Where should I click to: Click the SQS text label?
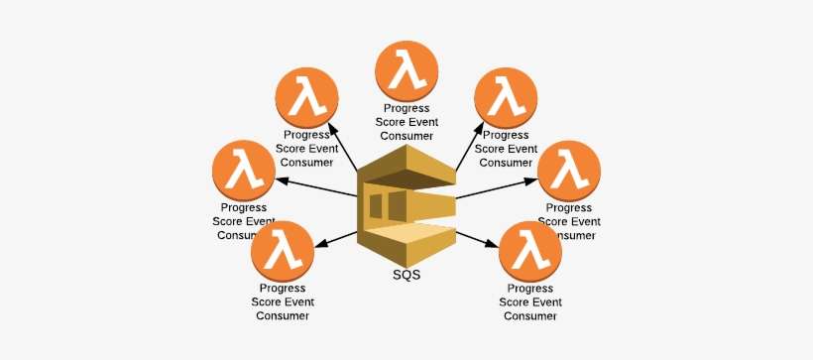tap(406, 274)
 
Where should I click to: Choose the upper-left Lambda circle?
tap(306, 98)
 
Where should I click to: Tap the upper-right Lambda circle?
tap(506, 98)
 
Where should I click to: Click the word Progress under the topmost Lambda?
tap(406, 107)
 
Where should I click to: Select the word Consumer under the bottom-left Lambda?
tap(283, 316)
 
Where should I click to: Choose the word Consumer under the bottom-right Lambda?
tap(530, 316)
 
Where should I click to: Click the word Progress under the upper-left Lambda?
tap(306, 134)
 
